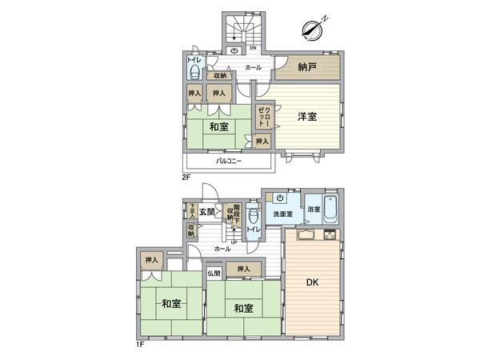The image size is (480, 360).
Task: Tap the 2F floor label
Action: (186, 177)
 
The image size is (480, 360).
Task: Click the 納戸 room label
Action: (307, 67)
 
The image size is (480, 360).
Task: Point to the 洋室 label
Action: (307, 117)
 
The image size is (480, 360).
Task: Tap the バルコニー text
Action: (232, 162)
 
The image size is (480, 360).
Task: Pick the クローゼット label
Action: (264, 116)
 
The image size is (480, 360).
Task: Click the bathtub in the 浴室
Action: (333, 210)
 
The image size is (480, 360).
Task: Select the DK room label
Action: (313, 282)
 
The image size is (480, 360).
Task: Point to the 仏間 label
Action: (214, 274)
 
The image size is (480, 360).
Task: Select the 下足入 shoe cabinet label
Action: (192, 210)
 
